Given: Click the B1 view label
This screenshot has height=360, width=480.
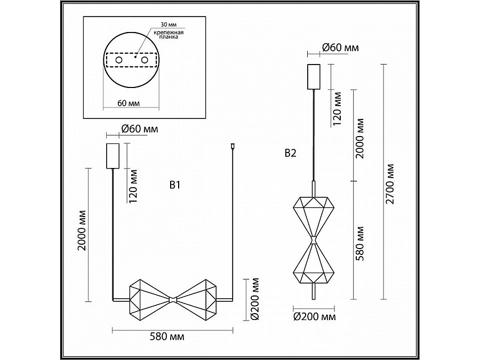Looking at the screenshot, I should click(x=176, y=185).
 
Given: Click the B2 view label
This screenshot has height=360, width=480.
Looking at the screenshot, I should click(x=290, y=153).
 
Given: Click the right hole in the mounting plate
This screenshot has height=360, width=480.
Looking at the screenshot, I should click(x=144, y=60).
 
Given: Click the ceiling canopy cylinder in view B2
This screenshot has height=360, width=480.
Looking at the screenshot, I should click(x=314, y=77).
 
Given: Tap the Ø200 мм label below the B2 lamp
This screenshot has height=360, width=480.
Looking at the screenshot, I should click(x=315, y=317).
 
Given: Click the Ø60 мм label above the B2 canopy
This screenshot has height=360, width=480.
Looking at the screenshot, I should click(x=340, y=48).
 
